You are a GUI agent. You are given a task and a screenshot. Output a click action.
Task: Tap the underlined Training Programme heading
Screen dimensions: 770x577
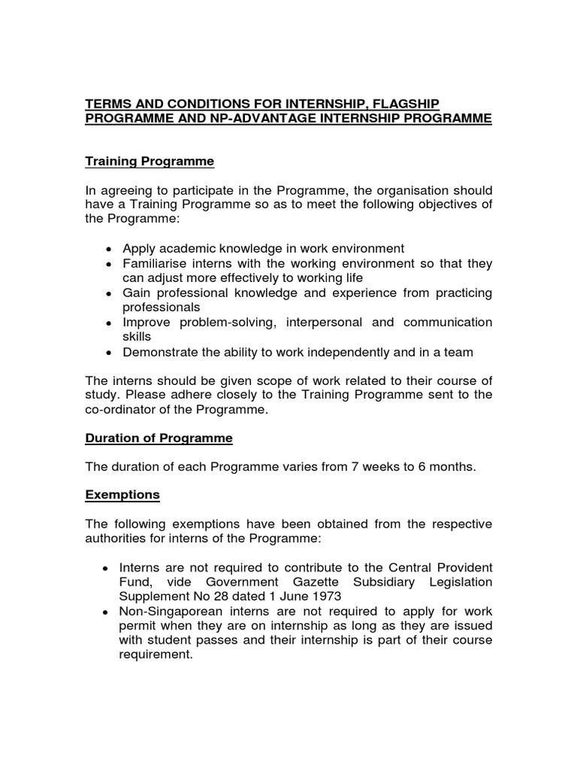tap(150, 162)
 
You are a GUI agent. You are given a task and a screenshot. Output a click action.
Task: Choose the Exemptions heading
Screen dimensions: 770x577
tap(122, 495)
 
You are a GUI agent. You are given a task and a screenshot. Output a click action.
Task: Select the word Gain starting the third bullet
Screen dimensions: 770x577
tap(137, 293)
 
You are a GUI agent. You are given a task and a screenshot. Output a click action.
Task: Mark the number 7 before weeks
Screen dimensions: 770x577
tap(354, 467)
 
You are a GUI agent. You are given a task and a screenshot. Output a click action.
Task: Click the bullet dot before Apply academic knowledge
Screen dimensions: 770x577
tap(110, 249)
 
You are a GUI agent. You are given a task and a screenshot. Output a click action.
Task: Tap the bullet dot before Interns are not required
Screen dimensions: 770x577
tap(110, 568)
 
